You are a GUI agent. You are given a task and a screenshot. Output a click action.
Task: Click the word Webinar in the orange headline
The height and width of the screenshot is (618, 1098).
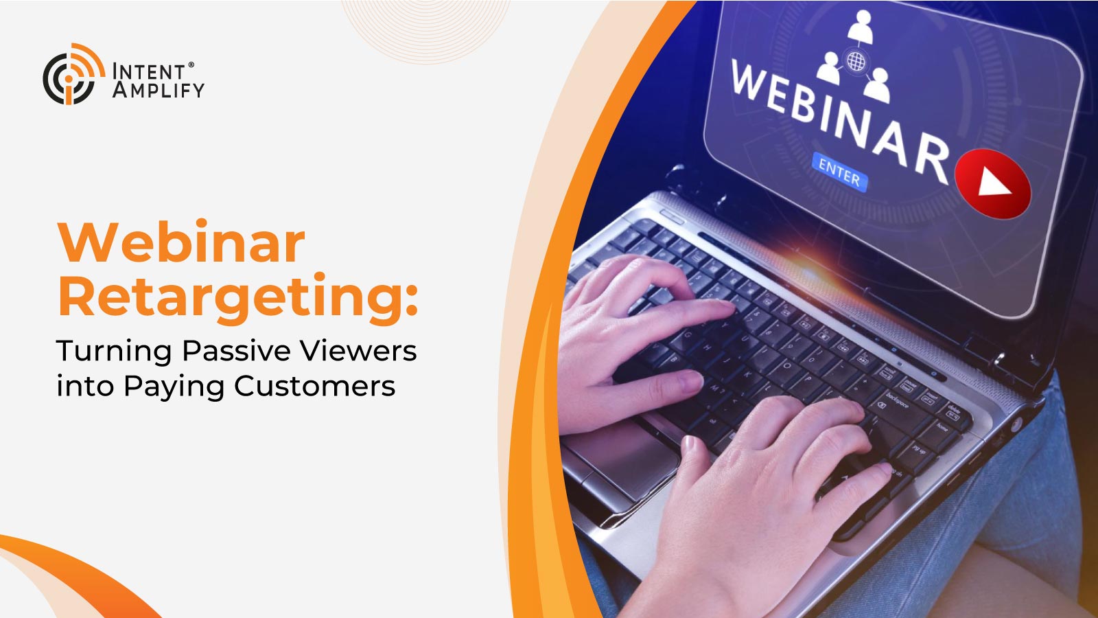[181, 243]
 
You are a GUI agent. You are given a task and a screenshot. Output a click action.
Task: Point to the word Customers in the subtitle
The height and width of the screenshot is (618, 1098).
[315, 386]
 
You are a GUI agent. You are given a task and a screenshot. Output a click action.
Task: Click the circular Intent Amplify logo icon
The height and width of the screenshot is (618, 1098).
[73, 74]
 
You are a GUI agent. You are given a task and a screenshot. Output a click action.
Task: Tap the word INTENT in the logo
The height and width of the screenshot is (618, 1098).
[148, 71]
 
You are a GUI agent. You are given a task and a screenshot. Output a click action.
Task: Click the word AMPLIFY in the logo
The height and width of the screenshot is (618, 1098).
[158, 90]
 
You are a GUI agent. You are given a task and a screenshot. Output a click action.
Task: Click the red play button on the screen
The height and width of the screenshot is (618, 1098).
[992, 183]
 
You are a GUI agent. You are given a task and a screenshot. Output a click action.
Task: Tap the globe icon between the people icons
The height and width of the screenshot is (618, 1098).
[856, 61]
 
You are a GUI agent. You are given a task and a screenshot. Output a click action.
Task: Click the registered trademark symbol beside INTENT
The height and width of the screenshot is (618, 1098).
[191, 65]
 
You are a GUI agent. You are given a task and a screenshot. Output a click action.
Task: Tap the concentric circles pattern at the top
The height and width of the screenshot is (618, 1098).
[425, 30]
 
